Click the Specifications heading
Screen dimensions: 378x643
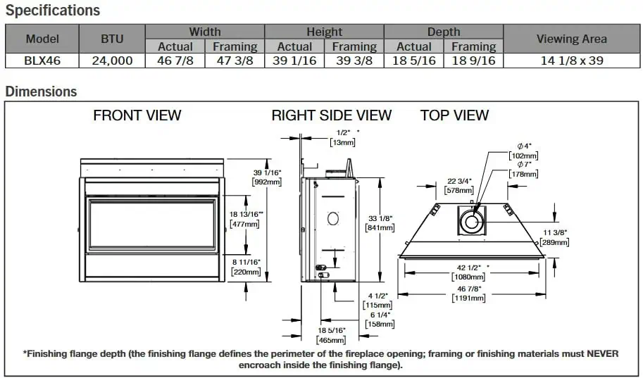tap(53, 11)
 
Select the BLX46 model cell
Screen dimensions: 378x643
tap(42, 61)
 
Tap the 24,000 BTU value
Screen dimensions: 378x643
tap(112, 61)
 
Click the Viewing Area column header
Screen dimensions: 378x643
tap(571, 39)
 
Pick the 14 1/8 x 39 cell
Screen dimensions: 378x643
tap(571, 61)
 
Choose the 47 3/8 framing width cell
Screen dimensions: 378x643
tap(235, 61)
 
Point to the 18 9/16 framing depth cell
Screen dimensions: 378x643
tap(473, 61)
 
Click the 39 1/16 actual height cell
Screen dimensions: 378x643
tap(294, 61)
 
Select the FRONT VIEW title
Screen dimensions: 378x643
tap(137, 115)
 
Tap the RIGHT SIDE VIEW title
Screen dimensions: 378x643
tap(331, 115)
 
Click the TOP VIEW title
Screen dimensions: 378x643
tap(454, 115)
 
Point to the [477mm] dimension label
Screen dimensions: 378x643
tap(244, 225)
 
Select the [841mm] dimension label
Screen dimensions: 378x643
tap(380, 227)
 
